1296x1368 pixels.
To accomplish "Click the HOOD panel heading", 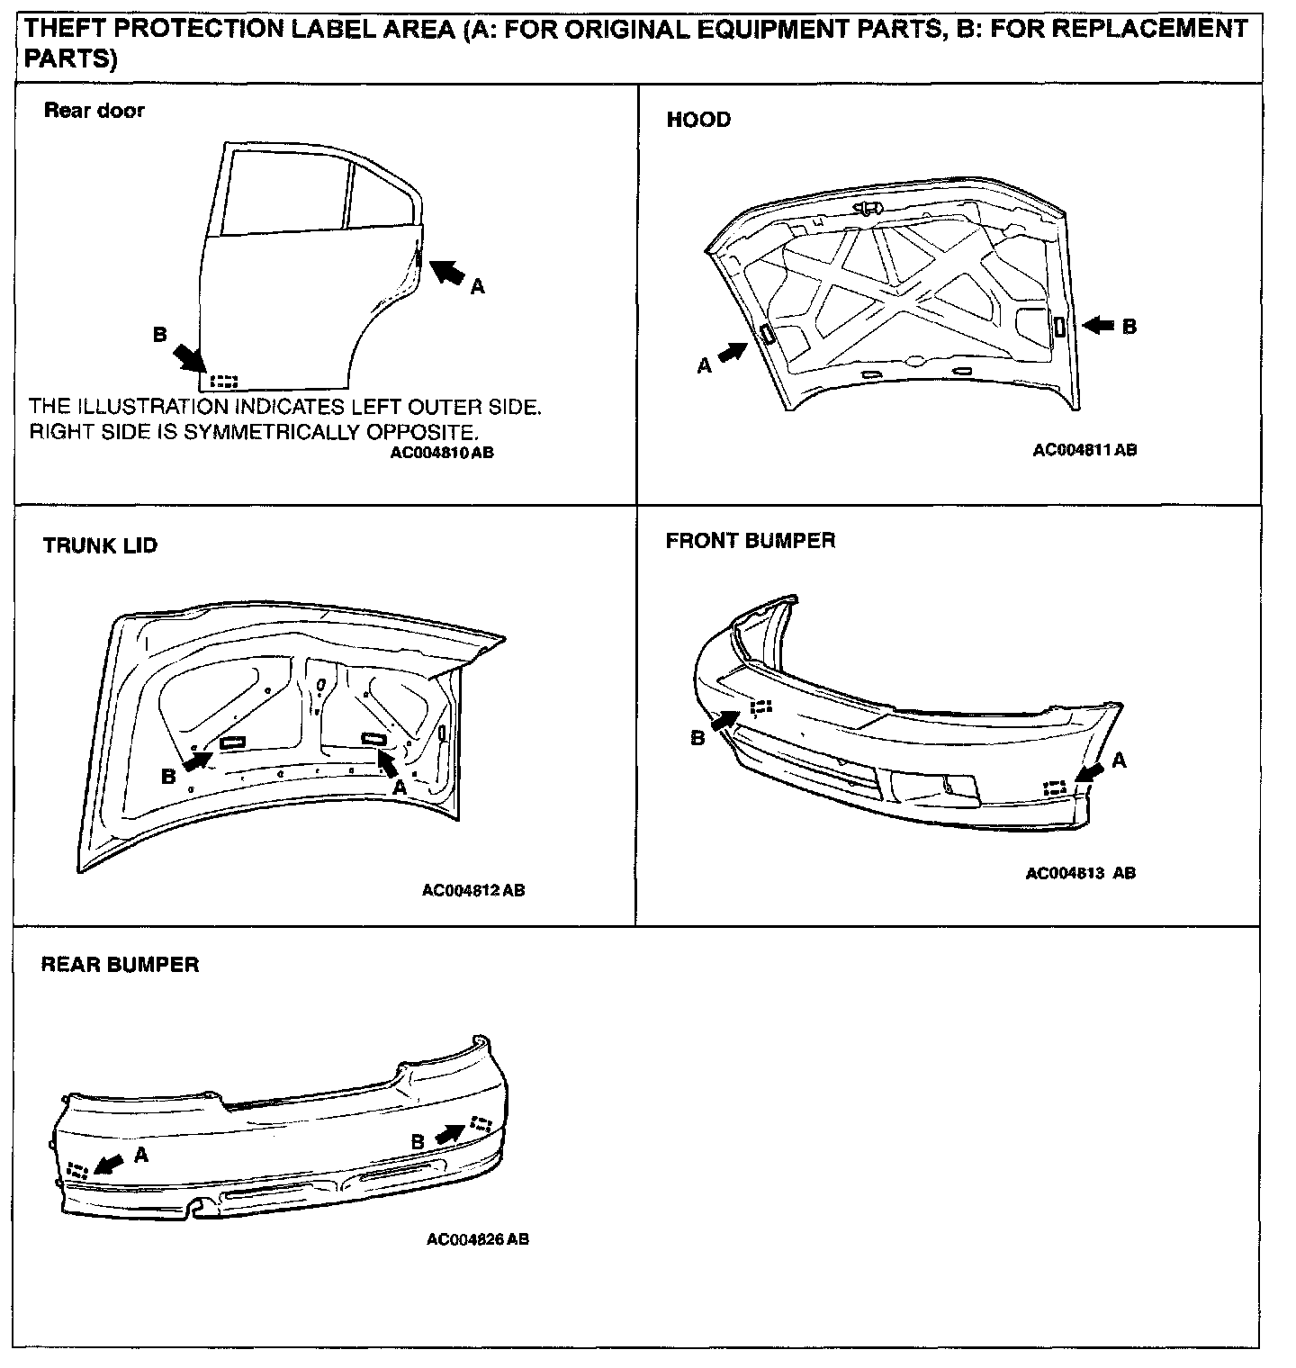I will click(698, 120).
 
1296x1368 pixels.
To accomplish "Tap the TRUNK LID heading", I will click(100, 545).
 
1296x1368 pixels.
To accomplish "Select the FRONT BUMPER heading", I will click(750, 541).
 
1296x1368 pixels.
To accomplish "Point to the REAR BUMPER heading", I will click(120, 965).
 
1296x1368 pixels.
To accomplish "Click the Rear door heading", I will click(94, 111).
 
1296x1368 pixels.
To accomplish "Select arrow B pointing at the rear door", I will click(187, 355).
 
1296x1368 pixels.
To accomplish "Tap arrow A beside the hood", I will click(733, 351).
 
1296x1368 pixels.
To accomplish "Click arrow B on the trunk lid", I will click(196, 760).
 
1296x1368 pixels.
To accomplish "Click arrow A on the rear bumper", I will click(108, 1165).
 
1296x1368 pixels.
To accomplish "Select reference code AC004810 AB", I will click(441, 454).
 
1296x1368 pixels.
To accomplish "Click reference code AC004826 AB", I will click(477, 1239).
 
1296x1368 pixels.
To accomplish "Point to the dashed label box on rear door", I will click(223, 381).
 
